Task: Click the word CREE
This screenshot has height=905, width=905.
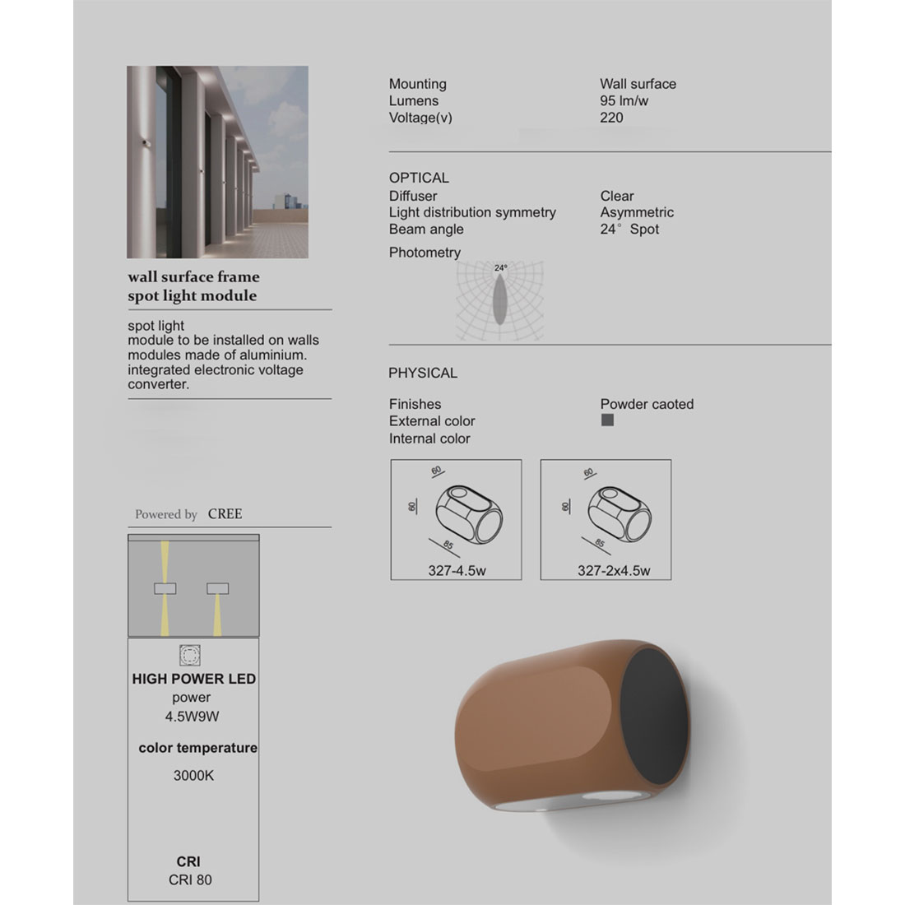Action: [225, 513]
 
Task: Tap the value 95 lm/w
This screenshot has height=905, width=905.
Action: [624, 100]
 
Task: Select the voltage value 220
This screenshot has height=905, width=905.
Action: [611, 118]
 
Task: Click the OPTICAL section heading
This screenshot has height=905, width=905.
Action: [419, 178]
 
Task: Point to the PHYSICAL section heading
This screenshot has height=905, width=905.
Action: [422, 373]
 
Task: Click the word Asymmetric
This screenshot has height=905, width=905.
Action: [636, 212]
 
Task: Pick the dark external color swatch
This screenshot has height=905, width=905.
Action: [607, 420]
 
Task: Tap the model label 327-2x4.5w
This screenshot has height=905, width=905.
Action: [613, 571]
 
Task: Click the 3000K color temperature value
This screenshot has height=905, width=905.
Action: [193, 775]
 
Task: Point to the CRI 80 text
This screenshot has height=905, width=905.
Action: [190, 879]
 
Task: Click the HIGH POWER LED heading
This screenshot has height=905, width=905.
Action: [193, 679]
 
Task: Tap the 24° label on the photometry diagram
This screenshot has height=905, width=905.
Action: [501, 267]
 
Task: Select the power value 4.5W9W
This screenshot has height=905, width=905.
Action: [192, 716]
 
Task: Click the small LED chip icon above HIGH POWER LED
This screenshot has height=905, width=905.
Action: [190, 656]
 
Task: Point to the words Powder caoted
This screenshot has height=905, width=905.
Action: [647, 404]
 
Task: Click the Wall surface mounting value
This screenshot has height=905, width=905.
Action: [638, 84]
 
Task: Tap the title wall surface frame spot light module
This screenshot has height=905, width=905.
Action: [193, 286]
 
